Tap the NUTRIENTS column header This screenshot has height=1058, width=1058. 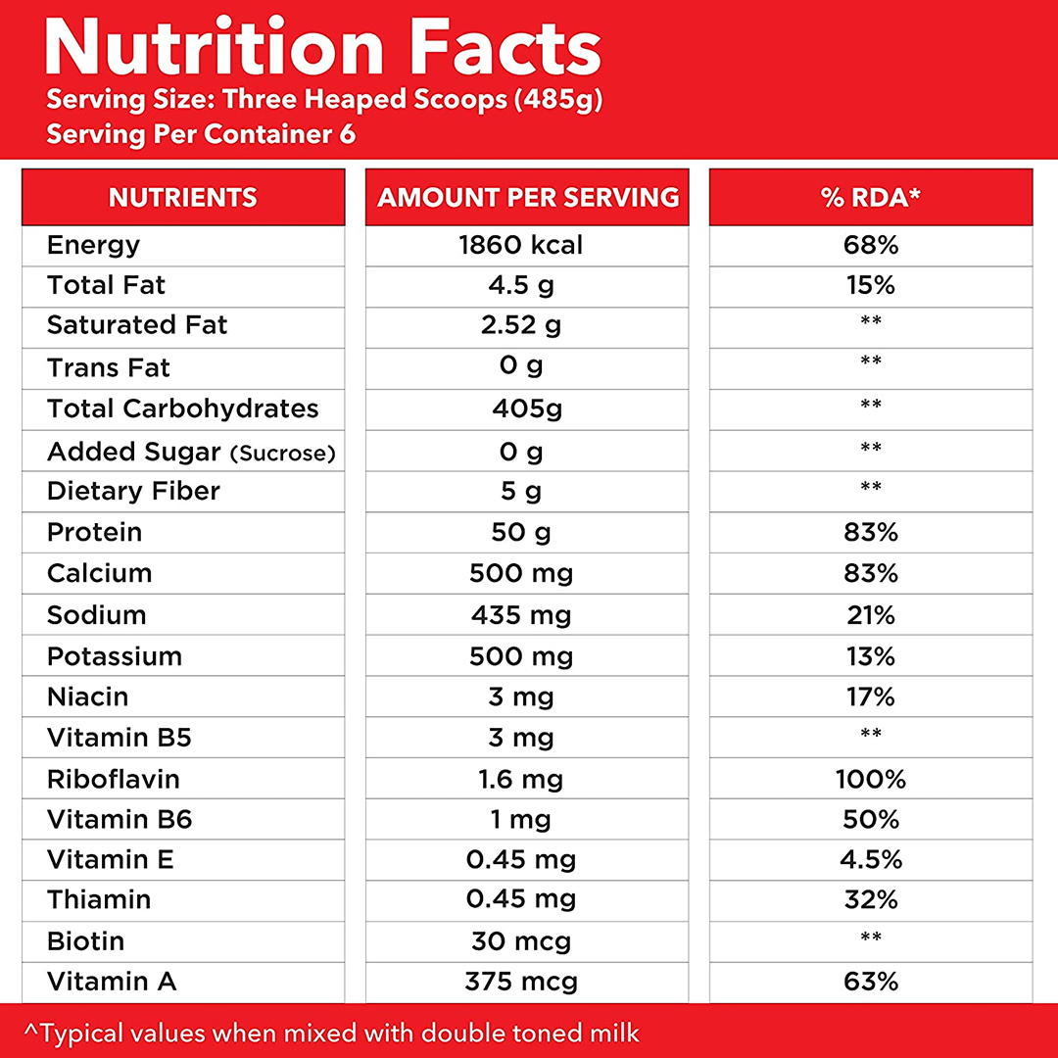click(183, 197)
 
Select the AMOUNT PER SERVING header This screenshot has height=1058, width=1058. click(528, 197)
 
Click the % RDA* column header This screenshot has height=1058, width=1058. click(871, 197)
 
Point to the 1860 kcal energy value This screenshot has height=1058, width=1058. click(521, 245)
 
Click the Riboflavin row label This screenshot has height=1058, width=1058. click(114, 780)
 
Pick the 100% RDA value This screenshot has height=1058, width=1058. click(871, 780)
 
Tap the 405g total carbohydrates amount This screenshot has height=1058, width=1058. click(527, 409)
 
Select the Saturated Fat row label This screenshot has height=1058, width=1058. click(137, 325)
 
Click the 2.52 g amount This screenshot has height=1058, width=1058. click(521, 325)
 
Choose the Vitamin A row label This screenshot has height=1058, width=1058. click(112, 982)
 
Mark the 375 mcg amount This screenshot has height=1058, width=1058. click(522, 982)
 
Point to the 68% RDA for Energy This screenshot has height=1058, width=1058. click(871, 245)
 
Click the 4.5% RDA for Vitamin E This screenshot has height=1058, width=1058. click(871, 860)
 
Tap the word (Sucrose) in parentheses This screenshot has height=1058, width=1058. click(283, 454)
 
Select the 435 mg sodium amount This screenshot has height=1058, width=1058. click(521, 615)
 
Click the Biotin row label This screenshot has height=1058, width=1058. click(86, 941)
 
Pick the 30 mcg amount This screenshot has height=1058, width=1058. click(521, 941)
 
